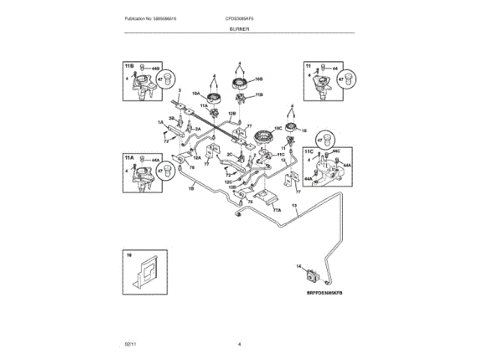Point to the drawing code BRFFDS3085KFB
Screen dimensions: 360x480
point(328,294)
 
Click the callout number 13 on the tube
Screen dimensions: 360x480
point(294,205)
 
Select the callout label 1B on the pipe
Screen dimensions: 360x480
point(190,187)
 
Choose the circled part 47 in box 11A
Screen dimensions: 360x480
point(167,170)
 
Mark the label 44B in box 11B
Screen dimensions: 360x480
point(156,69)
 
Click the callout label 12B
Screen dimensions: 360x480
point(232,114)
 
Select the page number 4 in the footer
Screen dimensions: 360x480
point(239,343)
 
